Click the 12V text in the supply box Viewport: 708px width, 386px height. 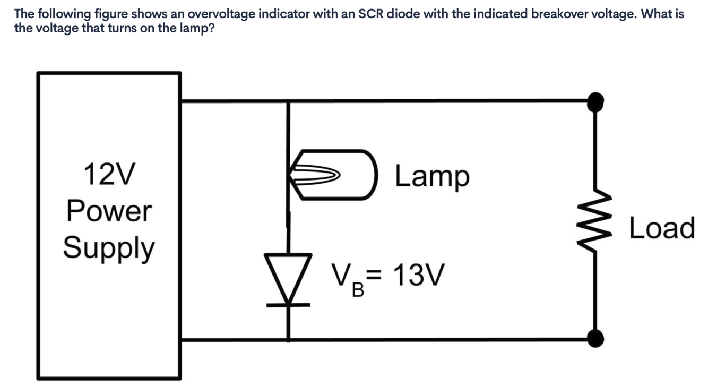(109, 175)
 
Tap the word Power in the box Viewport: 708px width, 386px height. (109, 211)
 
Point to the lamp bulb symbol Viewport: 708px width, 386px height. (334, 175)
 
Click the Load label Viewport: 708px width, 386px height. (661, 228)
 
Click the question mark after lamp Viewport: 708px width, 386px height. (211, 28)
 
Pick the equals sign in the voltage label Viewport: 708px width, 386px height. (375, 275)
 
